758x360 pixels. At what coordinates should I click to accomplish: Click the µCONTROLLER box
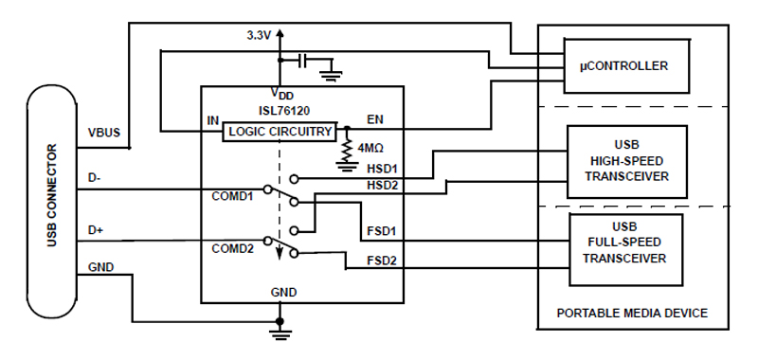[x=624, y=66]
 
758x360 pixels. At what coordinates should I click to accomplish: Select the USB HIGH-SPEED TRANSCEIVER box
[x=624, y=160]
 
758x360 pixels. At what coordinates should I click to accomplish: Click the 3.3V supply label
[x=255, y=34]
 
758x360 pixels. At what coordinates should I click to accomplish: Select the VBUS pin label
[x=102, y=132]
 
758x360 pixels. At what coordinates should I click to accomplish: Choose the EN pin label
[x=374, y=120]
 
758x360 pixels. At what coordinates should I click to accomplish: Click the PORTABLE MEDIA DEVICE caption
[x=632, y=313]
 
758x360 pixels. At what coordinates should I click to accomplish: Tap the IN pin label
[x=213, y=121]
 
